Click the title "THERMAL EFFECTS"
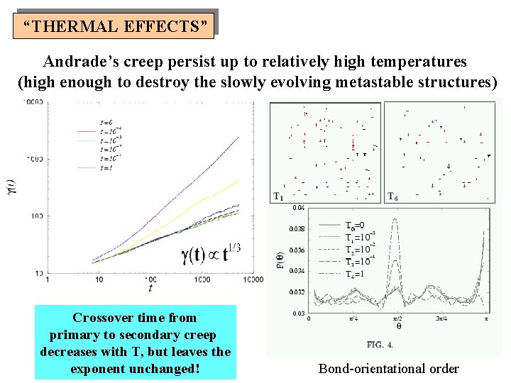click(116, 27)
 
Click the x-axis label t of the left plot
click(150, 289)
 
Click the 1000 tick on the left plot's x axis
click(202, 280)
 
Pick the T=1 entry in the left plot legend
click(87, 167)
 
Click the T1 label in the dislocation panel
click(278, 196)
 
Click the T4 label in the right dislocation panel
click(391, 196)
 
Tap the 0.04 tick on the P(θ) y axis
click(298, 208)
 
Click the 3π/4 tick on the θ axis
click(443, 318)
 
